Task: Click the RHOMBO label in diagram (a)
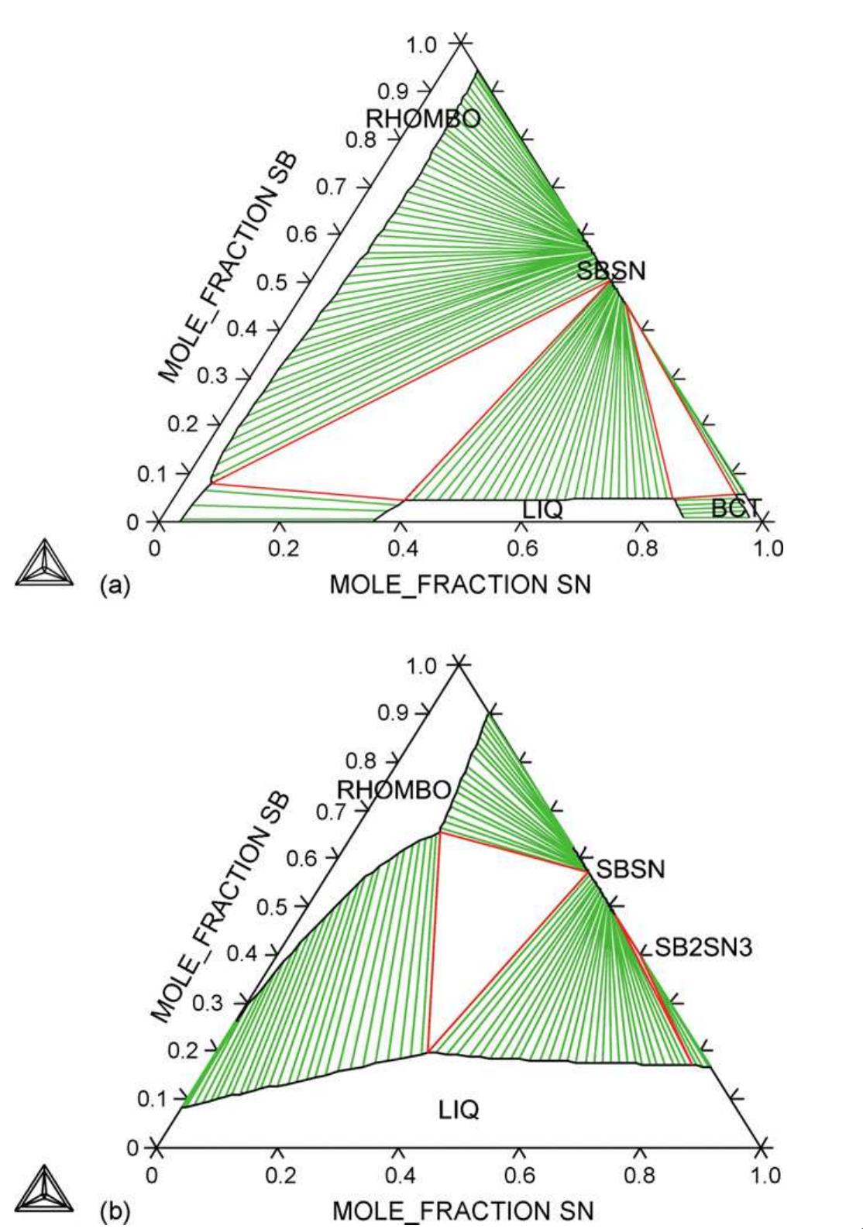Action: pos(423,118)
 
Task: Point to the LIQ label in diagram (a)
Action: pos(542,510)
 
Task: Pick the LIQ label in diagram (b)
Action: pos(459,1110)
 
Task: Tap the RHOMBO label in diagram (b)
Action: pos(394,790)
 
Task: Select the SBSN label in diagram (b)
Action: pos(631,869)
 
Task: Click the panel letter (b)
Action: pos(113,1211)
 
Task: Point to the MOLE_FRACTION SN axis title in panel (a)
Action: pos(460,584)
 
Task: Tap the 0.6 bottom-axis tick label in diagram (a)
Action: pos(522,548)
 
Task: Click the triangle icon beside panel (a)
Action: pos(44,561)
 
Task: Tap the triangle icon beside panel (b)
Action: pos(44,1190)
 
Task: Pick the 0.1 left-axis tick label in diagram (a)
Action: pos(152,473)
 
